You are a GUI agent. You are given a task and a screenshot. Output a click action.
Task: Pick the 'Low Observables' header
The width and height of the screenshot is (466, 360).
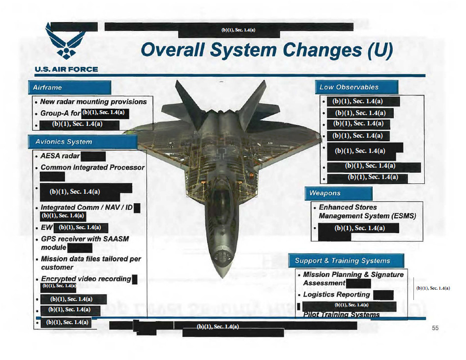tap(349, 87)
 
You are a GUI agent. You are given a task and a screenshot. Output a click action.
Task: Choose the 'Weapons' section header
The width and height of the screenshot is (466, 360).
tap(325, 193)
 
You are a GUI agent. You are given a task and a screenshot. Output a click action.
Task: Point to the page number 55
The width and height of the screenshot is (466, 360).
tap(435, 329)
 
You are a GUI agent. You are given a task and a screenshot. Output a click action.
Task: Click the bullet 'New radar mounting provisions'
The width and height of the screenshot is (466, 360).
tap(93, 102)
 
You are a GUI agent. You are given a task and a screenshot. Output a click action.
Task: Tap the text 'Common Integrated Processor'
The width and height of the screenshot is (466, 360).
tap(92, 168)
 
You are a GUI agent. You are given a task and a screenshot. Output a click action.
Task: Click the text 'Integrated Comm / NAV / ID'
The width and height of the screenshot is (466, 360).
tap(87, 208)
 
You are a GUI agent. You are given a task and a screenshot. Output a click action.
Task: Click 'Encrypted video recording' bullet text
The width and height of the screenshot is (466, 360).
tap(86, 279)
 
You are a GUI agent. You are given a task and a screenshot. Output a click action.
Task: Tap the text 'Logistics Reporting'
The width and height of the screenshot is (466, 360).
tap(336, 295)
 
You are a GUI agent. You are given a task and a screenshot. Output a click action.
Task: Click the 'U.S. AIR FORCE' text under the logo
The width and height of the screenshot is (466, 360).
tap(66, 69)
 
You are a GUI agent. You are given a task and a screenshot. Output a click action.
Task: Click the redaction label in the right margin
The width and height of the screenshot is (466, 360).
tap(433, 288)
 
